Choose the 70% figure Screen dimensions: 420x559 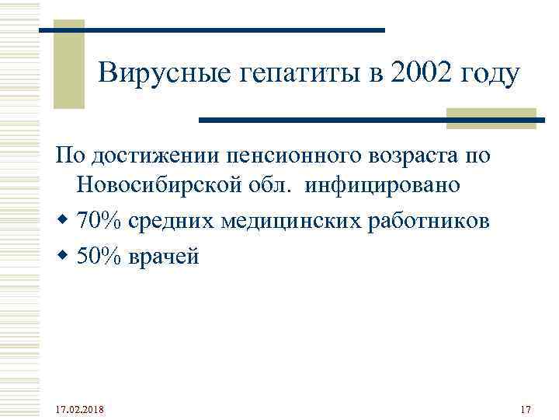pyautogui.click(x=97, y=221)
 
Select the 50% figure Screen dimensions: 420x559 pyautogui.click(x=97, y=255)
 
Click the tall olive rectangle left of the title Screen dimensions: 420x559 pyautogui.click(x=68, y=65)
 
